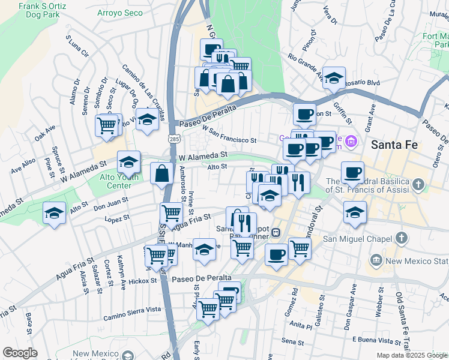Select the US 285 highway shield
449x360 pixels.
pos(174,139)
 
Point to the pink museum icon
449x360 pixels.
pos(352,142)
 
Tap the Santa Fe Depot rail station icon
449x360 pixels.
pos(276,232)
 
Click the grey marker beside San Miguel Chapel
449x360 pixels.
pos(376,259)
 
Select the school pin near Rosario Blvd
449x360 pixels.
pos(334,77)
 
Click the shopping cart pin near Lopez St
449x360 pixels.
pos(172,212)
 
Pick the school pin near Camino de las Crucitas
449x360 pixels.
pos(146,119)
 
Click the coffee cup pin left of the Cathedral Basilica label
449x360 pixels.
pos(352,172)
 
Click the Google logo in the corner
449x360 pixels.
pos(19,352)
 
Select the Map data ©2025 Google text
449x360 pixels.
pos(411,355)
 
